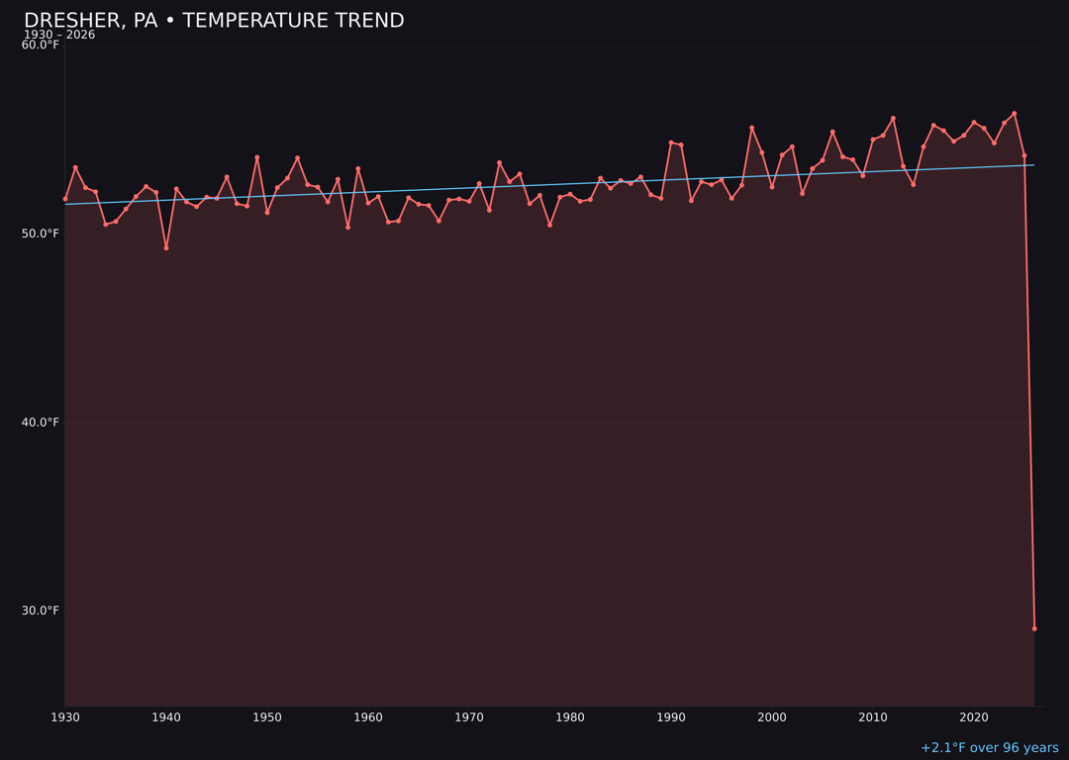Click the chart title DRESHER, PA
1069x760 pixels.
pos(214,21)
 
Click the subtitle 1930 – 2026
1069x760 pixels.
pos(59,35)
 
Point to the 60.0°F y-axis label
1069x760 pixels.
pos(41,45)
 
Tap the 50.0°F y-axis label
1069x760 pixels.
pos(41,234)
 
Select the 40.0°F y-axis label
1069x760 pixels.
pos(41,423)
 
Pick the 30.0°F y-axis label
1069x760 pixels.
pos(41,611)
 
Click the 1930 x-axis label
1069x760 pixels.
pos(65,717)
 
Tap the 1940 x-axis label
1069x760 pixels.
pos(166,717)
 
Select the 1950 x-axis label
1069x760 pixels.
pos(267,717)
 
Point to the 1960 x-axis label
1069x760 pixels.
pos(368,717)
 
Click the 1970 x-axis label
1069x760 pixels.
pos(469,717)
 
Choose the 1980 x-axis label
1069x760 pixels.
pos(570,717)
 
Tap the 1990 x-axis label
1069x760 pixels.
pos(671,717)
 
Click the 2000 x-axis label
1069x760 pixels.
pos(772,717)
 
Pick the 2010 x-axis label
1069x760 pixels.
pos(873,717)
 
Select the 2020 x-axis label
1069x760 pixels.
pos(974,717)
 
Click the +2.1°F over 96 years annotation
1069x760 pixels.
pos(989,748)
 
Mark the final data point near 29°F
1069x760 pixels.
pos(1034,628)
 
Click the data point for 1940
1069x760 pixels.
pos(166,247)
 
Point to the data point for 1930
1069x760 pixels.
pos(65,199)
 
